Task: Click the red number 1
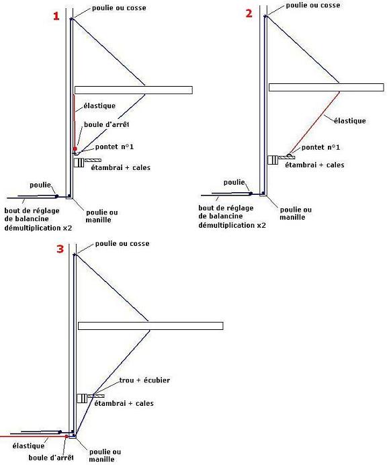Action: pos(56,15)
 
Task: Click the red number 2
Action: pos(249,13)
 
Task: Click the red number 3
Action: pos(60,249)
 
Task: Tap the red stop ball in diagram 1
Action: pos(75,149)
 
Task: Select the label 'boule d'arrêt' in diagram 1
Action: pos(106,124)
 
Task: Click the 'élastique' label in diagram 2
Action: pos(350,121)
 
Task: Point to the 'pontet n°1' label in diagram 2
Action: pos(320,147)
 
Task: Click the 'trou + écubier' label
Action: pos(144,380)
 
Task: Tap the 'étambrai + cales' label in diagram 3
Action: pos(124,403)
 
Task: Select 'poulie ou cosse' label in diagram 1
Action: pos(119,8)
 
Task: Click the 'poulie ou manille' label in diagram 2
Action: pos(296,214)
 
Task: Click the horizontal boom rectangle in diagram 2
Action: pos(326,87)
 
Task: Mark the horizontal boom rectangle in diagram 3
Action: pos(150,326)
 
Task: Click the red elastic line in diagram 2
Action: pos(314,122)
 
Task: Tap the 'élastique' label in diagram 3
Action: pos(28,446)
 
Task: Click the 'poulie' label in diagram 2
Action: pos(234,182)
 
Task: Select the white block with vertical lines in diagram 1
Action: pos(79,163)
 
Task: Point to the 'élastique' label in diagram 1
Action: pos(99,106)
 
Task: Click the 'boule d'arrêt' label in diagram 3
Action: pos(51,458)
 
